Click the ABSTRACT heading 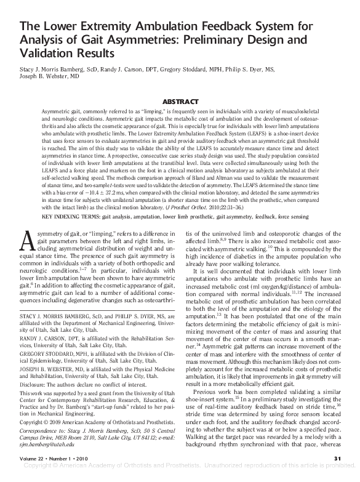180,100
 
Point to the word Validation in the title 47,54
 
